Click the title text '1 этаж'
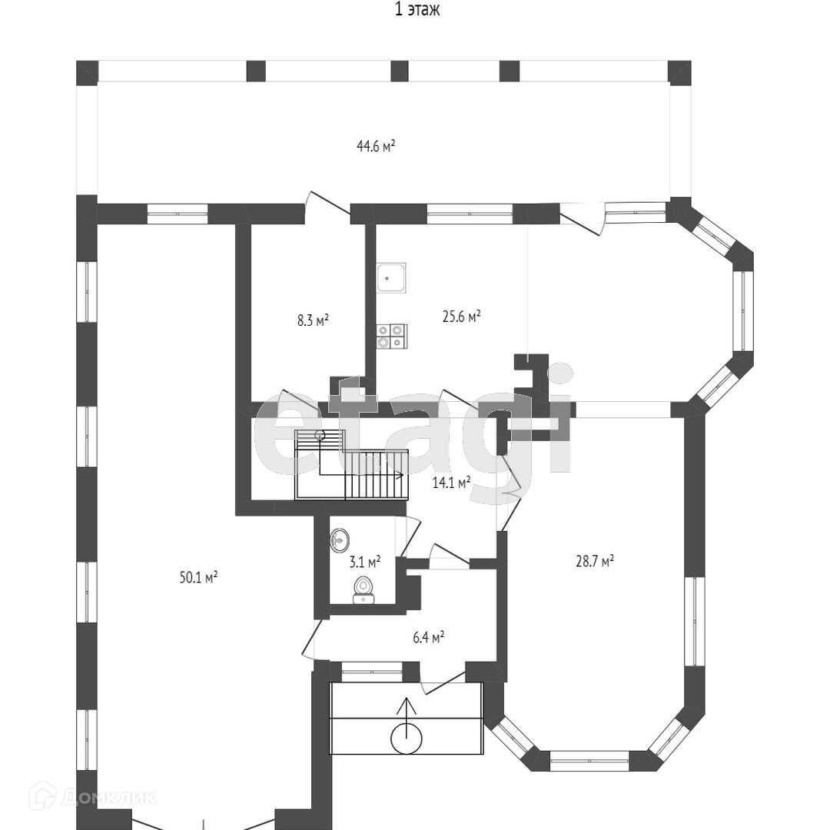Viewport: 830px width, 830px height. [417, 10]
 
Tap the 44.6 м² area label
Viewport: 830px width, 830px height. [376, 146]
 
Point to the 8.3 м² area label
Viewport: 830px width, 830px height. [313, 320]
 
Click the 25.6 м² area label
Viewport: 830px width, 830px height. [461, 315]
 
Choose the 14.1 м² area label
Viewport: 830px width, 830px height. [452, 483]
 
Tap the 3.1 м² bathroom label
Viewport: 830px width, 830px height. [365, 562]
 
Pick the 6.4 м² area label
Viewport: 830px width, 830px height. [427, 637]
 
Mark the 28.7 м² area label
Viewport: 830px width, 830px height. [595, 562]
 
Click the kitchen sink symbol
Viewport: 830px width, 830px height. [391, 277]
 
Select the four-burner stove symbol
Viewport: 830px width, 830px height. [391, 337]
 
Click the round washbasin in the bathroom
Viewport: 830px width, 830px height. [340, 540]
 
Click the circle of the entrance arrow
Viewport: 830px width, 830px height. [407, 739]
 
